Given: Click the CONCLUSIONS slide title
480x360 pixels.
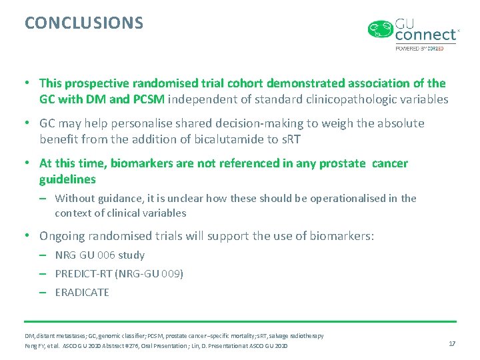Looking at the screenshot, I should point(84,23).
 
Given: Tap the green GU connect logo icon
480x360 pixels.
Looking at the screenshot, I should point(381,30).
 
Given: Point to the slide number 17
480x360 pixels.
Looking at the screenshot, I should point(452,343).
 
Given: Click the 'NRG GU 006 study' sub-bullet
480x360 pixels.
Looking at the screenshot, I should point(100,255).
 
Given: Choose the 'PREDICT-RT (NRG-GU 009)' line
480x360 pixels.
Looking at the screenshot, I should point(119,273).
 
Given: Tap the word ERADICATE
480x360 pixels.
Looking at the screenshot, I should point(82,292).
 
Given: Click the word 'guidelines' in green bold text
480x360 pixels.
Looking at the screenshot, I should point(67,179).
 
